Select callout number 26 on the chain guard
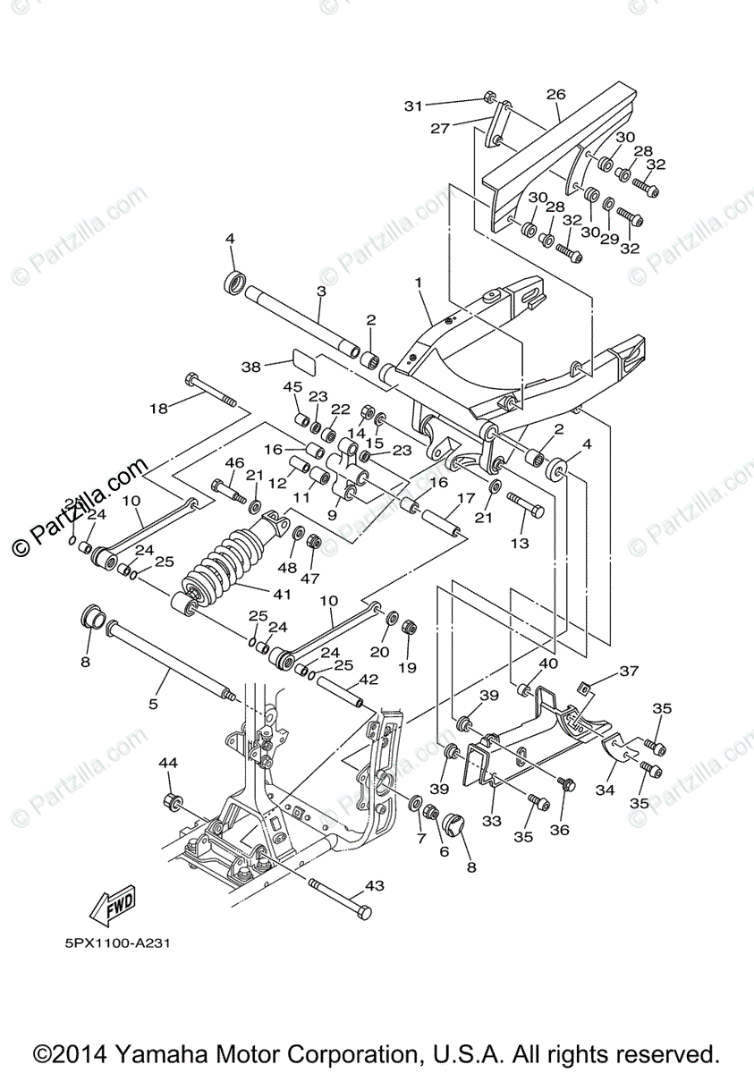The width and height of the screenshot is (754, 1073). pyautogui.click(x=555, y=95)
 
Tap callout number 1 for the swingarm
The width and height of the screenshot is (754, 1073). pyautogui.click(x=417, y=283)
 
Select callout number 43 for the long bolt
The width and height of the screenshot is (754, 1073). pyautogui.click(x=375, y=885)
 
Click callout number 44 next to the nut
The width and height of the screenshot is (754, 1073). pyautogui.click(x=168, y=763)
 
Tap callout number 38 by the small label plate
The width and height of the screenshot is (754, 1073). pyautogui.click(x=250, y=366)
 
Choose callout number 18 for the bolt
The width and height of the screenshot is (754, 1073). pyautogui.click(x=158, y=409)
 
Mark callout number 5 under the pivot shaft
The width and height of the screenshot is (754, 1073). pyautogui.click(x=153, y=704)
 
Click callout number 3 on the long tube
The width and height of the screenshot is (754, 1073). pyautogui.click(x=320, y=291)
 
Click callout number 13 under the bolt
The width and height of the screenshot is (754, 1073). pyautogui.click(x=520, y=543)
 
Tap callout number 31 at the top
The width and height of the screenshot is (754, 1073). pyautogui.click(x=412, y=106)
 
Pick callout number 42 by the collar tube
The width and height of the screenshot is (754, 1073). pyautogui.click(x=369, y=680)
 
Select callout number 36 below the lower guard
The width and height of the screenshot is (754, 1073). pyautogui.click(x=559, y=830)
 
